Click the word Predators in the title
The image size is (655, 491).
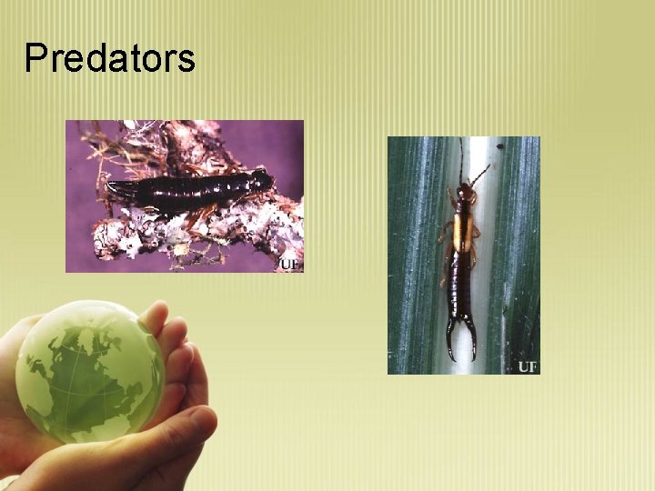pyautogui.click(x=109, y=59)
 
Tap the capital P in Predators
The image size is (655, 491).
pyautogui.click(x=35, y=59)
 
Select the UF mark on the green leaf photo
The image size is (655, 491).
pyautogui.click(x=528, y=366)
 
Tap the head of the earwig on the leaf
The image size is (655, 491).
pyautogui.click(x=466, y=194)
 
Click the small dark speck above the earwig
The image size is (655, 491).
pyautogui.click(x=499, y=145)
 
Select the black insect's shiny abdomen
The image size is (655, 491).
pyautogui.click(x=182, y=189)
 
